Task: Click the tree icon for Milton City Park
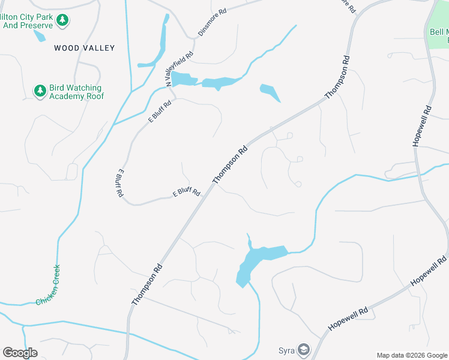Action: [62, 21]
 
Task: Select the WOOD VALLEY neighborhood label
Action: [84, 47]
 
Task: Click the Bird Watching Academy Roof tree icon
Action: [40, 91]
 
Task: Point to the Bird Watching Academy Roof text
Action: [77, 92]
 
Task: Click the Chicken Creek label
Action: [48, 285]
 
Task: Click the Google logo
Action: [20, 353]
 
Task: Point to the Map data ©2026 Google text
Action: [412, 355]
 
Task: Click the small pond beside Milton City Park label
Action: [39, 35]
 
